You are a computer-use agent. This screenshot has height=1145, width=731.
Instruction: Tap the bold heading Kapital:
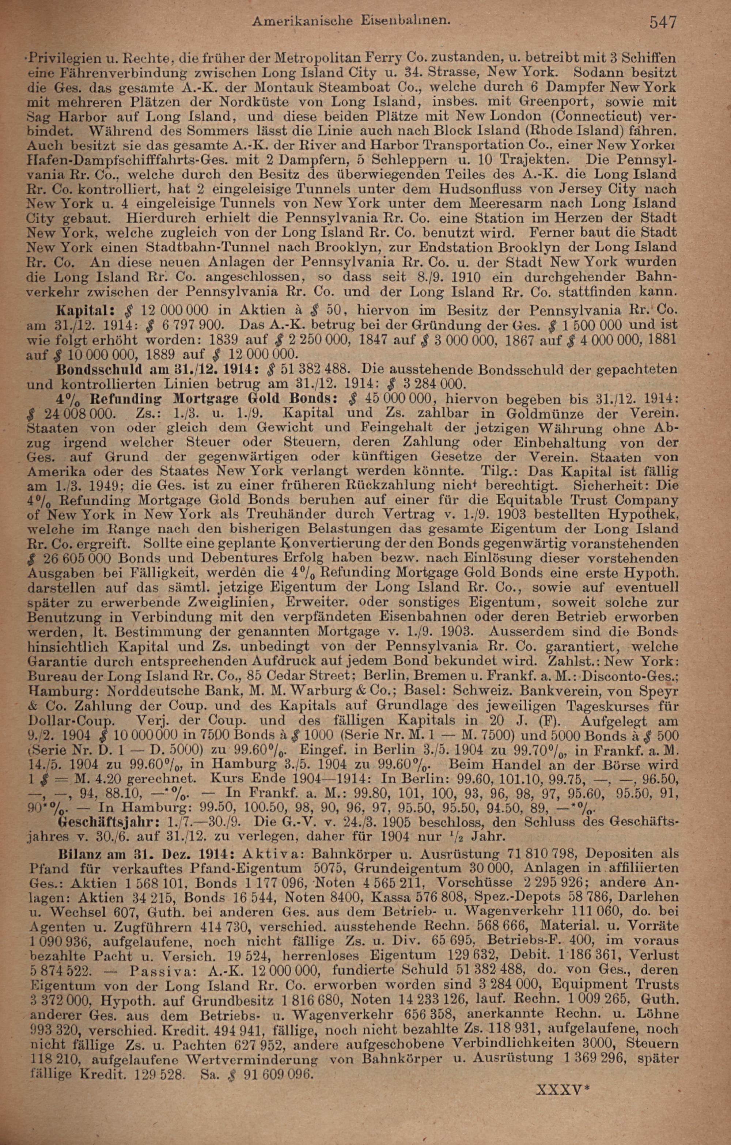coord(84,311)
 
